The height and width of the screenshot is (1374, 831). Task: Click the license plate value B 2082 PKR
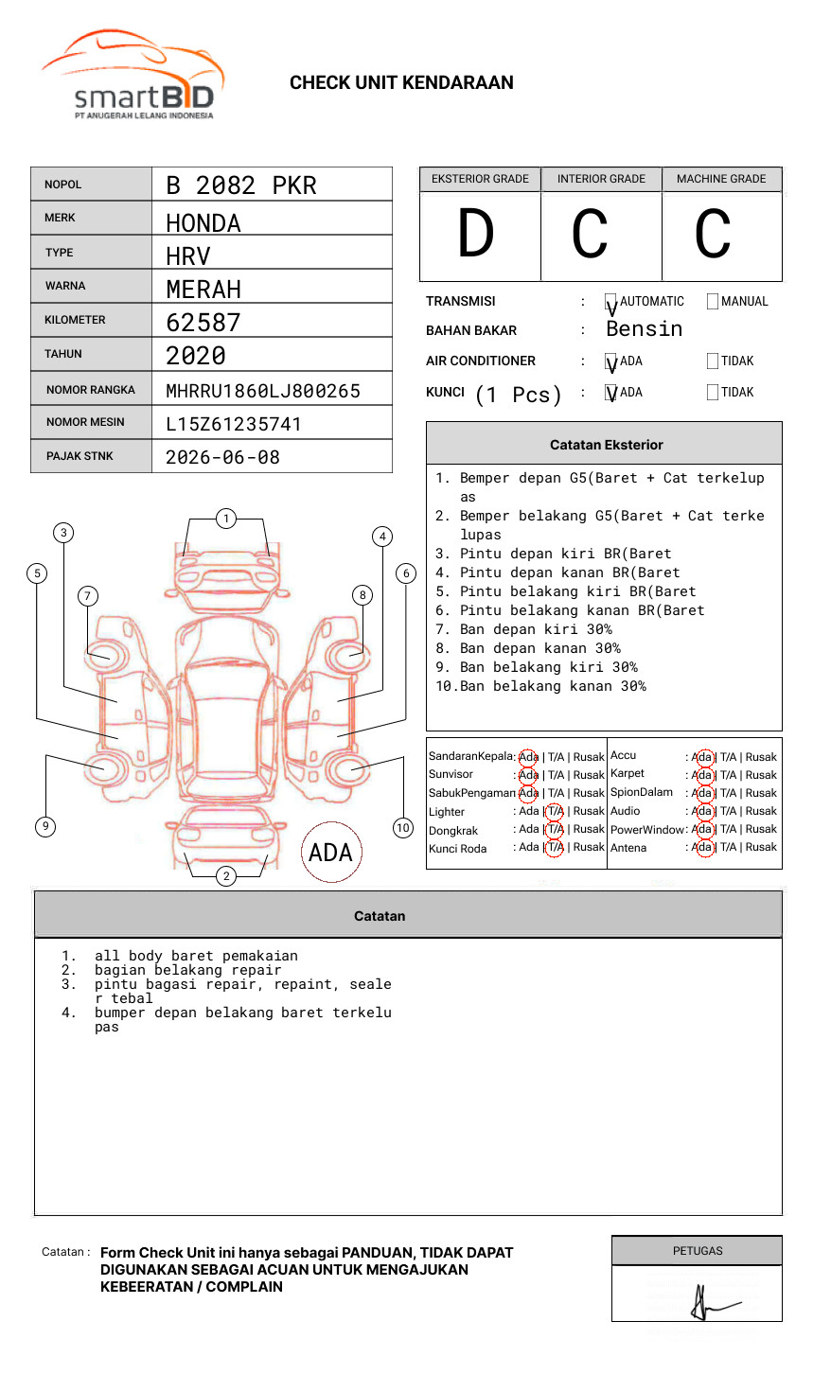240,185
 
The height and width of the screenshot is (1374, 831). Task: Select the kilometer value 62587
203,323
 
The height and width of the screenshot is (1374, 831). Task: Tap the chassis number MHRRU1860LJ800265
262,391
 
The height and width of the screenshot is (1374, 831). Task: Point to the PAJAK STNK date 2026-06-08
222,457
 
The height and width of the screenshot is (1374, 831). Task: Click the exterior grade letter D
476,234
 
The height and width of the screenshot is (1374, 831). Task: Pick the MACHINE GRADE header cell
721,179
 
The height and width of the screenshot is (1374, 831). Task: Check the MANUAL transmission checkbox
713,302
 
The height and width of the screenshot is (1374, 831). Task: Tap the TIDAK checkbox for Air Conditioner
713,361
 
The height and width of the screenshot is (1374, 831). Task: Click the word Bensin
644,329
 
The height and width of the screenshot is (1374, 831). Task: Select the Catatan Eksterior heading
606,445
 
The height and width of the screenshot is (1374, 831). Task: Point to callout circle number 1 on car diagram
225,519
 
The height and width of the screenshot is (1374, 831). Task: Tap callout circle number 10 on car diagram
403,828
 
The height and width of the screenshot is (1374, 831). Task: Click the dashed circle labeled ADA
331,853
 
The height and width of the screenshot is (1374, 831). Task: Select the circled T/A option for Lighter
555,811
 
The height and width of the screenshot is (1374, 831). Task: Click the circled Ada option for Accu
702,757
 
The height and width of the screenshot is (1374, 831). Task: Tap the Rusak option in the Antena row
761,847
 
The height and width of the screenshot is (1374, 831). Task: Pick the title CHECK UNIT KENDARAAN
401,83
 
